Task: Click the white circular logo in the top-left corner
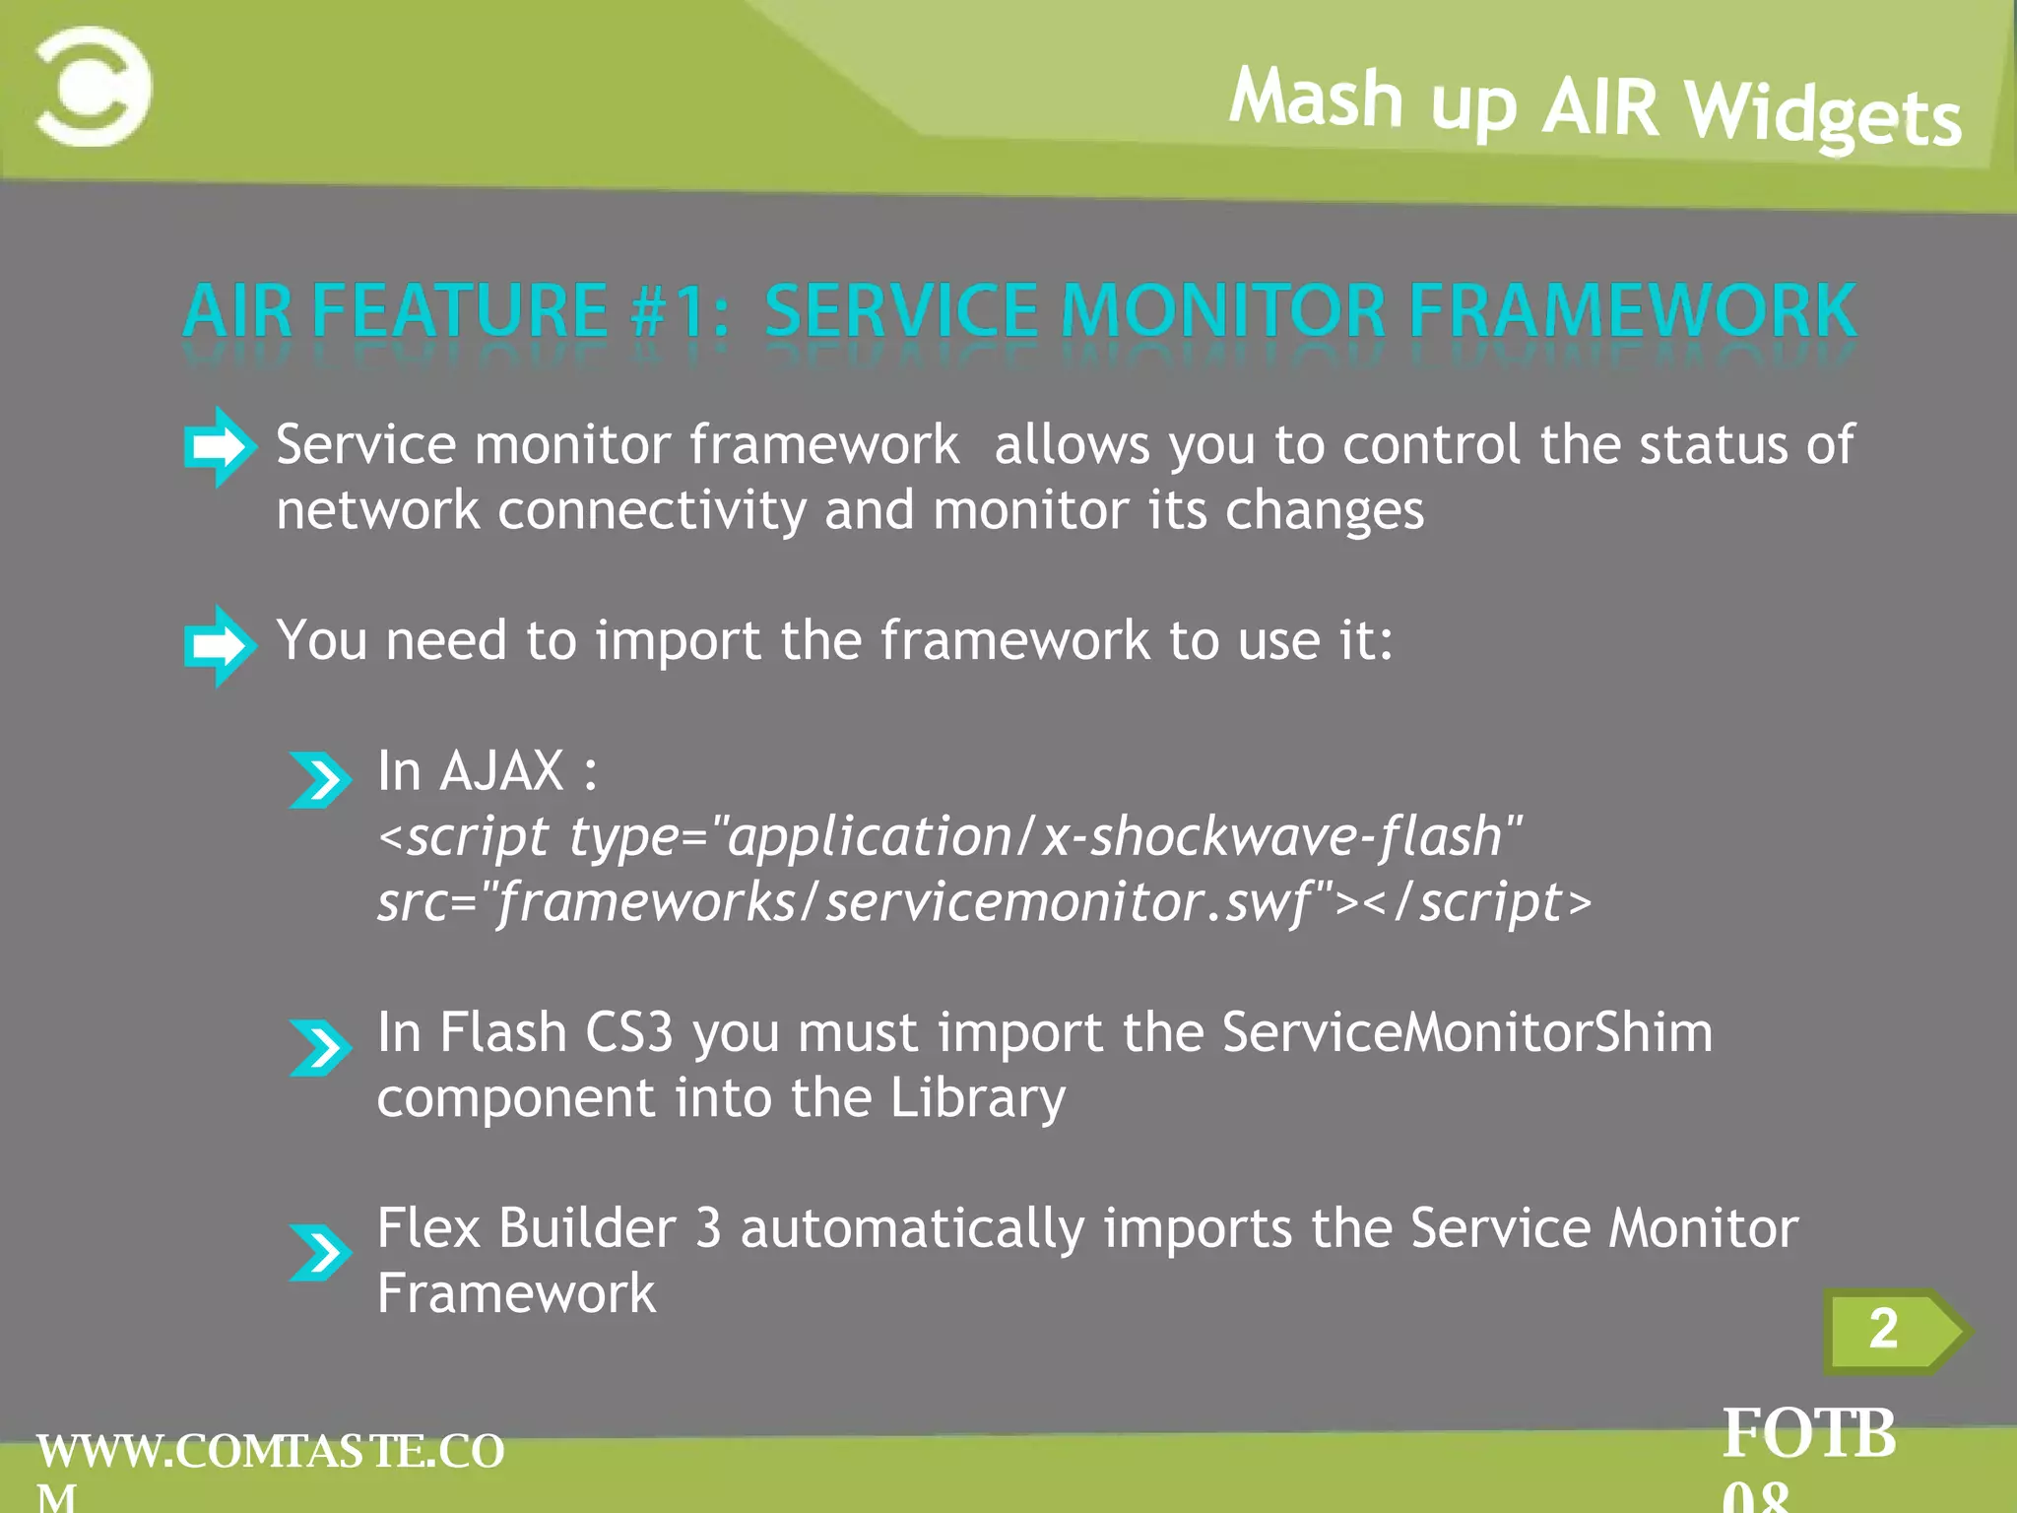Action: pos(95,88)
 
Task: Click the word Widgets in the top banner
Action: pos(1822,116)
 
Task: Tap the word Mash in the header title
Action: pos(1316,99)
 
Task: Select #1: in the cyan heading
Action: pos(680,311)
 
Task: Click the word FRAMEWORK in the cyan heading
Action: pos(1632,311)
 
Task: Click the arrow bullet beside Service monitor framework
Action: pos(219,446)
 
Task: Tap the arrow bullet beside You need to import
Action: pos(219,645)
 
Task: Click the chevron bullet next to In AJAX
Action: pos(320,779)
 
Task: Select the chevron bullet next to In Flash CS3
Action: pos(320,1046)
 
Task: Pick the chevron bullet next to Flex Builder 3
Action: pos(320,1251)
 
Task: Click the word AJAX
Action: pos(502,771)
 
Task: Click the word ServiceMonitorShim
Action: pos(1466,1033)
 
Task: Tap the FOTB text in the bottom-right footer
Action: pos(1808,1434)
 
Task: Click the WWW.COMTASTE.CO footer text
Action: pos(271,1452)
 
